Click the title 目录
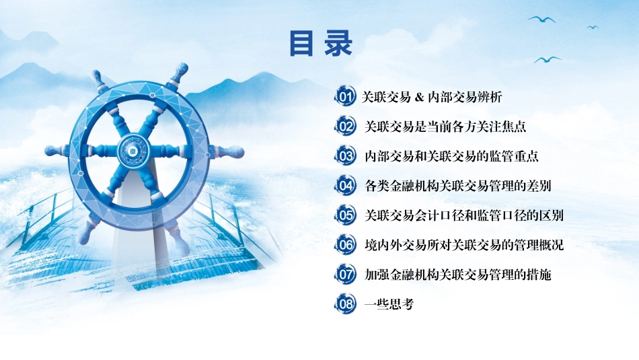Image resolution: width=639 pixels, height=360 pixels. point(321,43)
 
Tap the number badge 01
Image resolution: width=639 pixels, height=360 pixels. point(345,97)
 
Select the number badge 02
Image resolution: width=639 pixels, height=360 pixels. point(345,127)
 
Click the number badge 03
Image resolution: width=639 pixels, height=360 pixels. point(345,156)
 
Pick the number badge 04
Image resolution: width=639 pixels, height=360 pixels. point(345,186)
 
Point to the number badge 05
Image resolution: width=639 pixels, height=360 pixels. point(345,215)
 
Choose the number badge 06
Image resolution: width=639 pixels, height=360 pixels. point(345,245)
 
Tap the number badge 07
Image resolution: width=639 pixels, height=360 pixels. point(345,275)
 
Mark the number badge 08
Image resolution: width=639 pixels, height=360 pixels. point(345,304)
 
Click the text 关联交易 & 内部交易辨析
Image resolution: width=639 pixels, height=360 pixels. point(432,97)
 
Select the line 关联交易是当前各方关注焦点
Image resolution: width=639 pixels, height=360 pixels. point(445,127)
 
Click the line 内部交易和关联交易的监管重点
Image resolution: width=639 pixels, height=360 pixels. point(451,156)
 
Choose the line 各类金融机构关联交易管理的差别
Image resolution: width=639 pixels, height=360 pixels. point(458,186)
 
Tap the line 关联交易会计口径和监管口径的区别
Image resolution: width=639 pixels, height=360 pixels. point(464,215)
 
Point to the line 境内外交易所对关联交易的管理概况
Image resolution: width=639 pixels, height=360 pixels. point(464,245)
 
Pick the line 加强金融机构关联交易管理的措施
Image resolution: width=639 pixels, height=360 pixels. point(458,275)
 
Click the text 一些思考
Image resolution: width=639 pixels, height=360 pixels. point(389,304)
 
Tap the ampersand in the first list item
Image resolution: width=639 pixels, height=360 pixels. point(420,98)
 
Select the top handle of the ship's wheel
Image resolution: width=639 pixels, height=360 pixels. point(180,73)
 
